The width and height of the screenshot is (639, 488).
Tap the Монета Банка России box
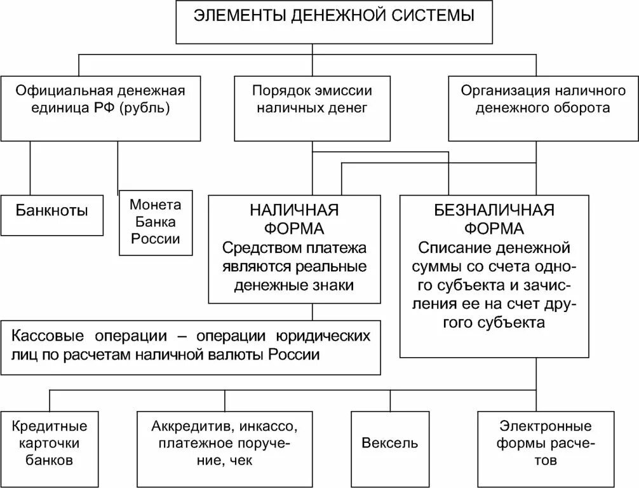(x=156, y=222)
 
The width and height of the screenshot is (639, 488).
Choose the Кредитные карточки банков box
(x=49, y=442)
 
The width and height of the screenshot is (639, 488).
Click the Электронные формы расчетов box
(x=546, y=442)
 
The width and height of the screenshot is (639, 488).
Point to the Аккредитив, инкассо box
(x=224, y=442)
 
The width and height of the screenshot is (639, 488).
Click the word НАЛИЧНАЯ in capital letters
(x=293, y=211)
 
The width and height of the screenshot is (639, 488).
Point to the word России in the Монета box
(x=156, y=240)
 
